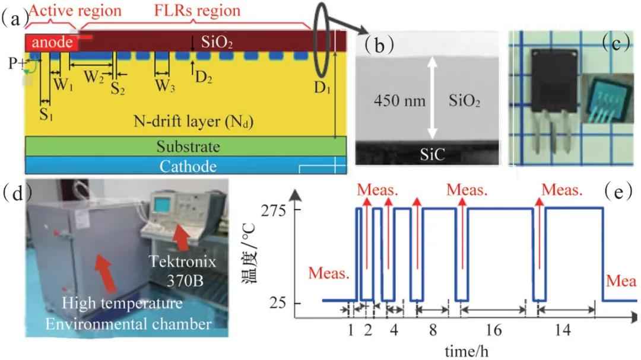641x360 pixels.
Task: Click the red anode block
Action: (51, 43)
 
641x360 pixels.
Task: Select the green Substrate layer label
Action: (186, 146)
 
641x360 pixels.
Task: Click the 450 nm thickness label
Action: (399, 101)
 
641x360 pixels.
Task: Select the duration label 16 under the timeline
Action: (494, 329)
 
